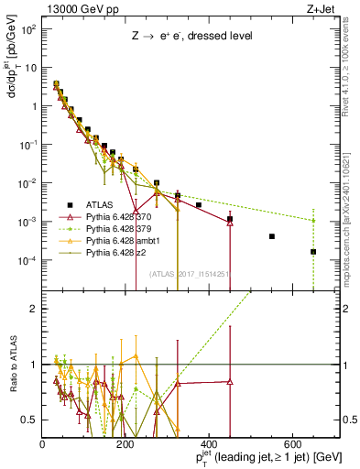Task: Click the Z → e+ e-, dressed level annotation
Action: click(191, 38)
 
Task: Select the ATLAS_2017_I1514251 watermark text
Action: click(190, 274)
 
